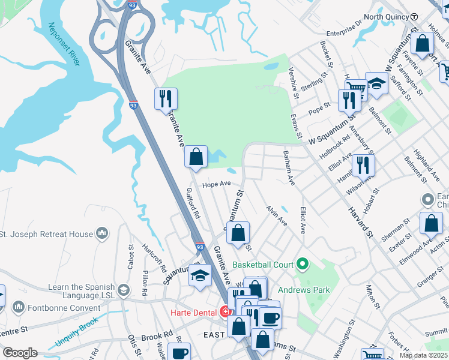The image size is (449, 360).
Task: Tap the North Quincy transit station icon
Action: [x=415, y=17]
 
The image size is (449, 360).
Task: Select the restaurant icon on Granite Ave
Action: [x=166, y=98]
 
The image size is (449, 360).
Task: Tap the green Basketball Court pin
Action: [x=303, y=265]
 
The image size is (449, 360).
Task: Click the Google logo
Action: [x=20, y=352]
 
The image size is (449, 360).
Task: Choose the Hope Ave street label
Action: [x=217, y=185]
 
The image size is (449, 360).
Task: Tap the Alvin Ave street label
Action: [x=276, y=216]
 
